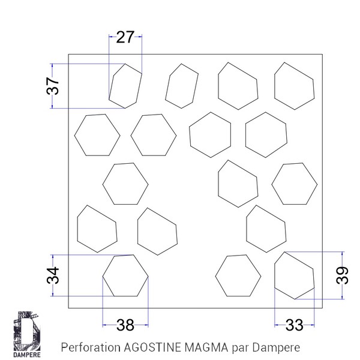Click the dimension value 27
[125, 37]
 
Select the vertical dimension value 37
[53, 86]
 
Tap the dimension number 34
[53, 276]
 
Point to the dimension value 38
[125, 325]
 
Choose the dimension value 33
[294, 325]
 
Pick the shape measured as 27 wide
[125, 86]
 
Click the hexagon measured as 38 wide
[125, 276]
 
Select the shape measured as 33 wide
[294, 275]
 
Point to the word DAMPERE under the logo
[26, 353]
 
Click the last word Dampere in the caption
[275, 347]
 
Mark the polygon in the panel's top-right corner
[294, 86]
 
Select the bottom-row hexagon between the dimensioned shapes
[238, 275]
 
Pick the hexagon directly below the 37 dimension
[96, 134]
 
